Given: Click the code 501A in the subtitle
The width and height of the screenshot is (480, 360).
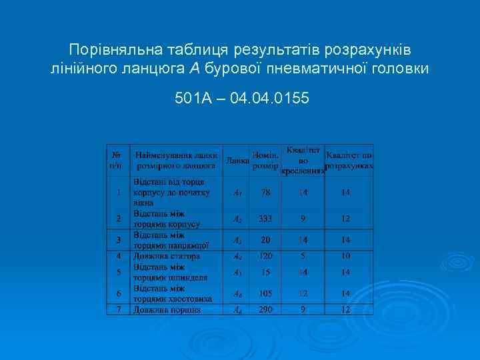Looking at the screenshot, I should point(193,99).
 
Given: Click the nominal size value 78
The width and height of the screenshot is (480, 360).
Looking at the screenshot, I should point(266,193).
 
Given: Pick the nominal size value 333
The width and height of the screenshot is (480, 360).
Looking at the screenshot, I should point(266,219).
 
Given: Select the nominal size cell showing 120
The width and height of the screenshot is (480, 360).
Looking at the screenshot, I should point(266,255).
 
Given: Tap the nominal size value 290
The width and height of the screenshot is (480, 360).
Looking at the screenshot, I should point(266,310).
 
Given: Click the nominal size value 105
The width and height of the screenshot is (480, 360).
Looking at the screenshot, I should point(266,293).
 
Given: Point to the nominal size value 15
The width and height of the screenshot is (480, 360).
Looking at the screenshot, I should point(266,272).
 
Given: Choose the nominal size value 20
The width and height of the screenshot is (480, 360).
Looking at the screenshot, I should point(266,240).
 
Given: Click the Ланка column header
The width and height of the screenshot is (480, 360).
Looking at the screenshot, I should point(237,161).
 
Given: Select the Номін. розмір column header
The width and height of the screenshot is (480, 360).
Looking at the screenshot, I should point(266,160).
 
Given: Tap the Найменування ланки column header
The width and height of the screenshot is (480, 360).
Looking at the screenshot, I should point(176,160).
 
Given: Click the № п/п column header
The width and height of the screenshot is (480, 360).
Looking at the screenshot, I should point(118,160).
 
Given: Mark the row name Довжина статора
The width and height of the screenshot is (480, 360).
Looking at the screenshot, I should point(166,255).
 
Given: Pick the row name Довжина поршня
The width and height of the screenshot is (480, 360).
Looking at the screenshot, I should point(167,310).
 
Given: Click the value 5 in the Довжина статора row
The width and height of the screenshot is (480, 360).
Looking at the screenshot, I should point(303,255).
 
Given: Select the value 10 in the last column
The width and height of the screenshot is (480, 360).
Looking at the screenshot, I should point(345,255).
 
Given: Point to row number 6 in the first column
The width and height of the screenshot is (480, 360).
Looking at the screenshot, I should point(118,293).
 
